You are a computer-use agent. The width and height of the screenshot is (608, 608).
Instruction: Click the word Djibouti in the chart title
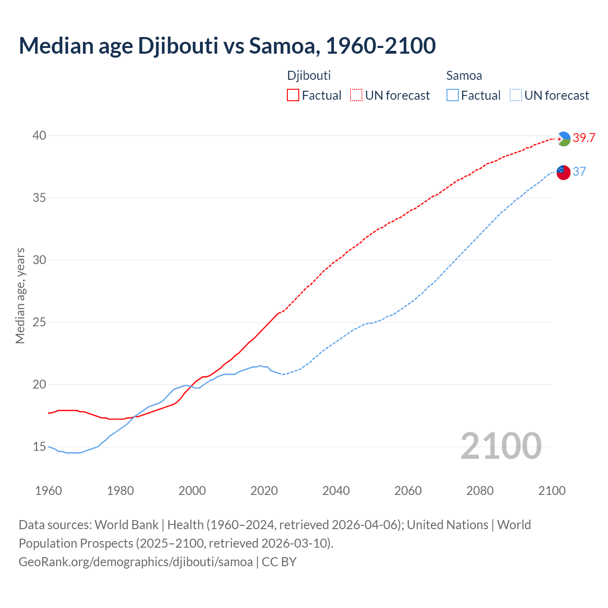178,46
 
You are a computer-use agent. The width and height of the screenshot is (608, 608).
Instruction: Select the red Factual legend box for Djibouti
293,95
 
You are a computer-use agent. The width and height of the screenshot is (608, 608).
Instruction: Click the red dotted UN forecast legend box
356,95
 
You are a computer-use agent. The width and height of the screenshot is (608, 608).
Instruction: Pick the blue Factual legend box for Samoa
453,95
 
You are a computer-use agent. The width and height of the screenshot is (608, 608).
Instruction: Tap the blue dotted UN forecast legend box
516,95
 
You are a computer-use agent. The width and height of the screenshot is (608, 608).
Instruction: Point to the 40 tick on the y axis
39,136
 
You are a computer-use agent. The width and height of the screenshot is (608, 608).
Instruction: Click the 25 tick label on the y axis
39,323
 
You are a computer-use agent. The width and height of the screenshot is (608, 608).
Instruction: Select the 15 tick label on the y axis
39,447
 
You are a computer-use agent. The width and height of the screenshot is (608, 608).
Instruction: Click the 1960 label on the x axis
48,491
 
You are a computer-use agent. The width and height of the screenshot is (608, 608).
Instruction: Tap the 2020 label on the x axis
264,491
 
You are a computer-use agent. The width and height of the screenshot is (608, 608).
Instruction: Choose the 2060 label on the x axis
408,491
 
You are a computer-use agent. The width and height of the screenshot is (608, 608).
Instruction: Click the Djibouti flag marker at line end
563,139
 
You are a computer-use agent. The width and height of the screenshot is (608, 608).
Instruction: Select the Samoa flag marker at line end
563,172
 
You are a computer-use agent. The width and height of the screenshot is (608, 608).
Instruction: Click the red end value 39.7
584,138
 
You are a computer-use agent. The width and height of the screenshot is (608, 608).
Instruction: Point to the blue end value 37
579,172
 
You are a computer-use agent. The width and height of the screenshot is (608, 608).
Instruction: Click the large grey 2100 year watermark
501,446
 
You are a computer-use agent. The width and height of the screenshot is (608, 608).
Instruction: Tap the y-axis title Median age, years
20,295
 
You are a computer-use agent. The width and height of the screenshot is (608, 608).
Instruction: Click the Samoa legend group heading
464,76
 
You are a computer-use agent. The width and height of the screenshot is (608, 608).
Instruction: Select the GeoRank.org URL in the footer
136,562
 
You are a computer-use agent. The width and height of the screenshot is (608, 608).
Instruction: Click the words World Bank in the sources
126,525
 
